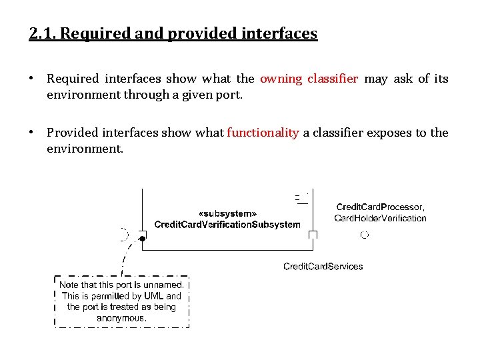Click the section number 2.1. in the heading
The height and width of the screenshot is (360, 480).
coord(44,33)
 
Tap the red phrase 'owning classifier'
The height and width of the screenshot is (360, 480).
coord(309,79)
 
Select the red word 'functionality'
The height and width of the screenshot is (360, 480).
coord(263,133)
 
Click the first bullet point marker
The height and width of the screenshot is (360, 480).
coord(31,79)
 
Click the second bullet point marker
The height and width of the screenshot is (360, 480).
coord(31,133)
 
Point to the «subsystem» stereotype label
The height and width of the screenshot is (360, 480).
coord(227,213)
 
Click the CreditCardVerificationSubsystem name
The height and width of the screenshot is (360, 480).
coord(227,225)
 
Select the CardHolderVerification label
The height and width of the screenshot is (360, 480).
coord(380,218)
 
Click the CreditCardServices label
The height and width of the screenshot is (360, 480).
coord(323,267)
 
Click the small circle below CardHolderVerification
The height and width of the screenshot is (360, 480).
coord(364,235)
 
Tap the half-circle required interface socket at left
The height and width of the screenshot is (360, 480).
coord(123,234)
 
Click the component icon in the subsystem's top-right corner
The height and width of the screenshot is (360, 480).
coord(301,197)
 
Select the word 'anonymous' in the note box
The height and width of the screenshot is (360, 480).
coord(121,318)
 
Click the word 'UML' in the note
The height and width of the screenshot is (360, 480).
coord(153,296)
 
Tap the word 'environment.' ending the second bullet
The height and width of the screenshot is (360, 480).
coord(85,149)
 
